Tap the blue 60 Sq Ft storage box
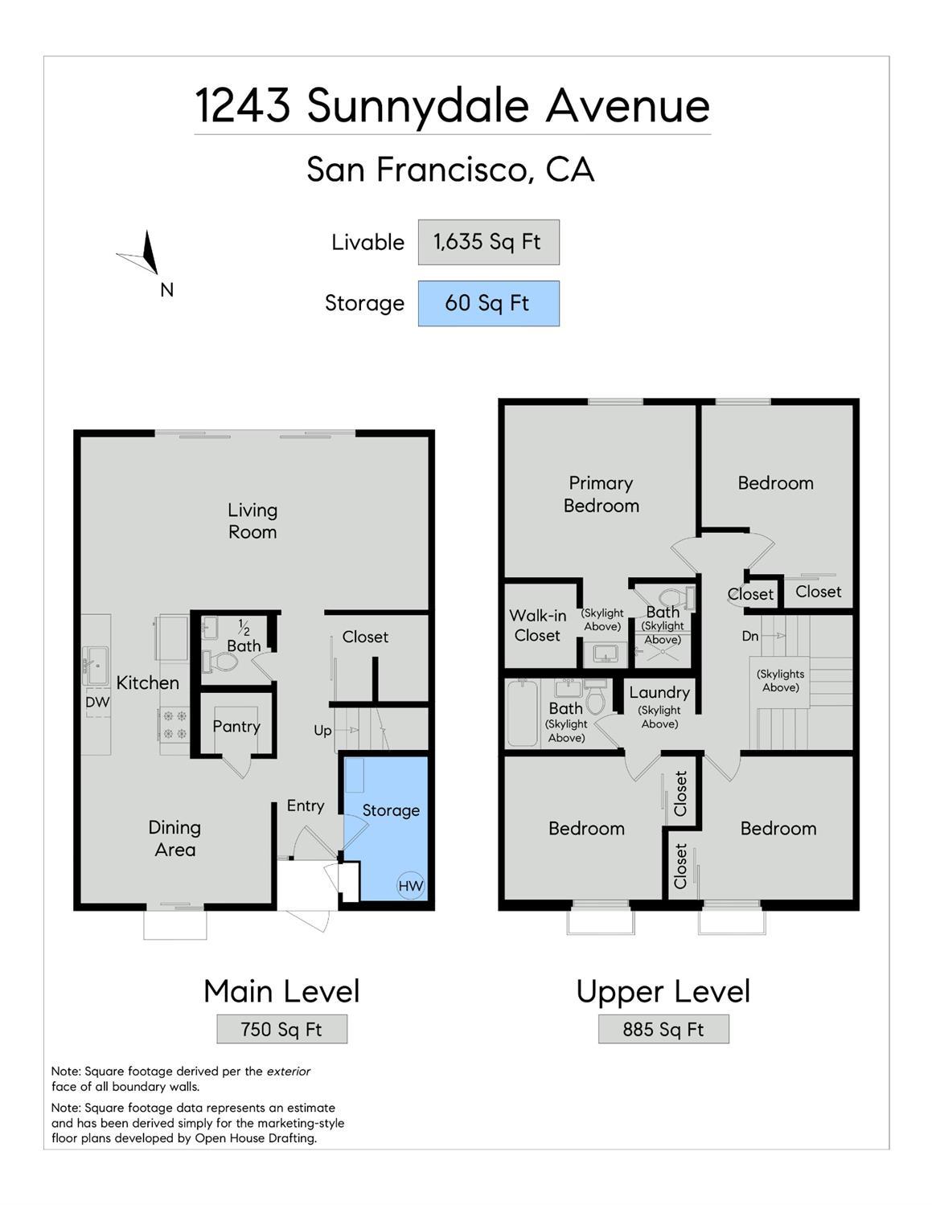pyautogui.click(x=488, y=303)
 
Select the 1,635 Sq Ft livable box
pyautogui.click(x=488, y=242)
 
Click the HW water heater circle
pyautogui.click(x=411, y=886)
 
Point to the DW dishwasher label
pyautogui.click(x=97, y=702)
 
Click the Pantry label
pyautogui.click(x=236, y=727)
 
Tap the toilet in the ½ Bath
pyautogui.click(x=220, y=661)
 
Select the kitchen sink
pyautogui.click(x=96, y=666)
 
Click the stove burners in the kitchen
pyautogui.click(x=174, y=724)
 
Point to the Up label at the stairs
pyautogui.click(x=322, y=731)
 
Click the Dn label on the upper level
pyautogui.click(x=750, y=636)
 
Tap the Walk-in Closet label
pyautogui.click(x=537, y=625)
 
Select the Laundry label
pyautogui.click(x=659, y=692)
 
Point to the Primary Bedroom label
pyautogui.click(x=601, y=494)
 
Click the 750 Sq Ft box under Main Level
pyautogui.click(x=281, y=1029)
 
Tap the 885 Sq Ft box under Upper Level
pyautogui.click(x=663, y=1029)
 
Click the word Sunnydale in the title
pyautogui.click(x=418, y=107)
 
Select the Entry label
pyautogui.click(x=305, y=806)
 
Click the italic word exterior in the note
pyautogui.click(x=289, y=1071)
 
